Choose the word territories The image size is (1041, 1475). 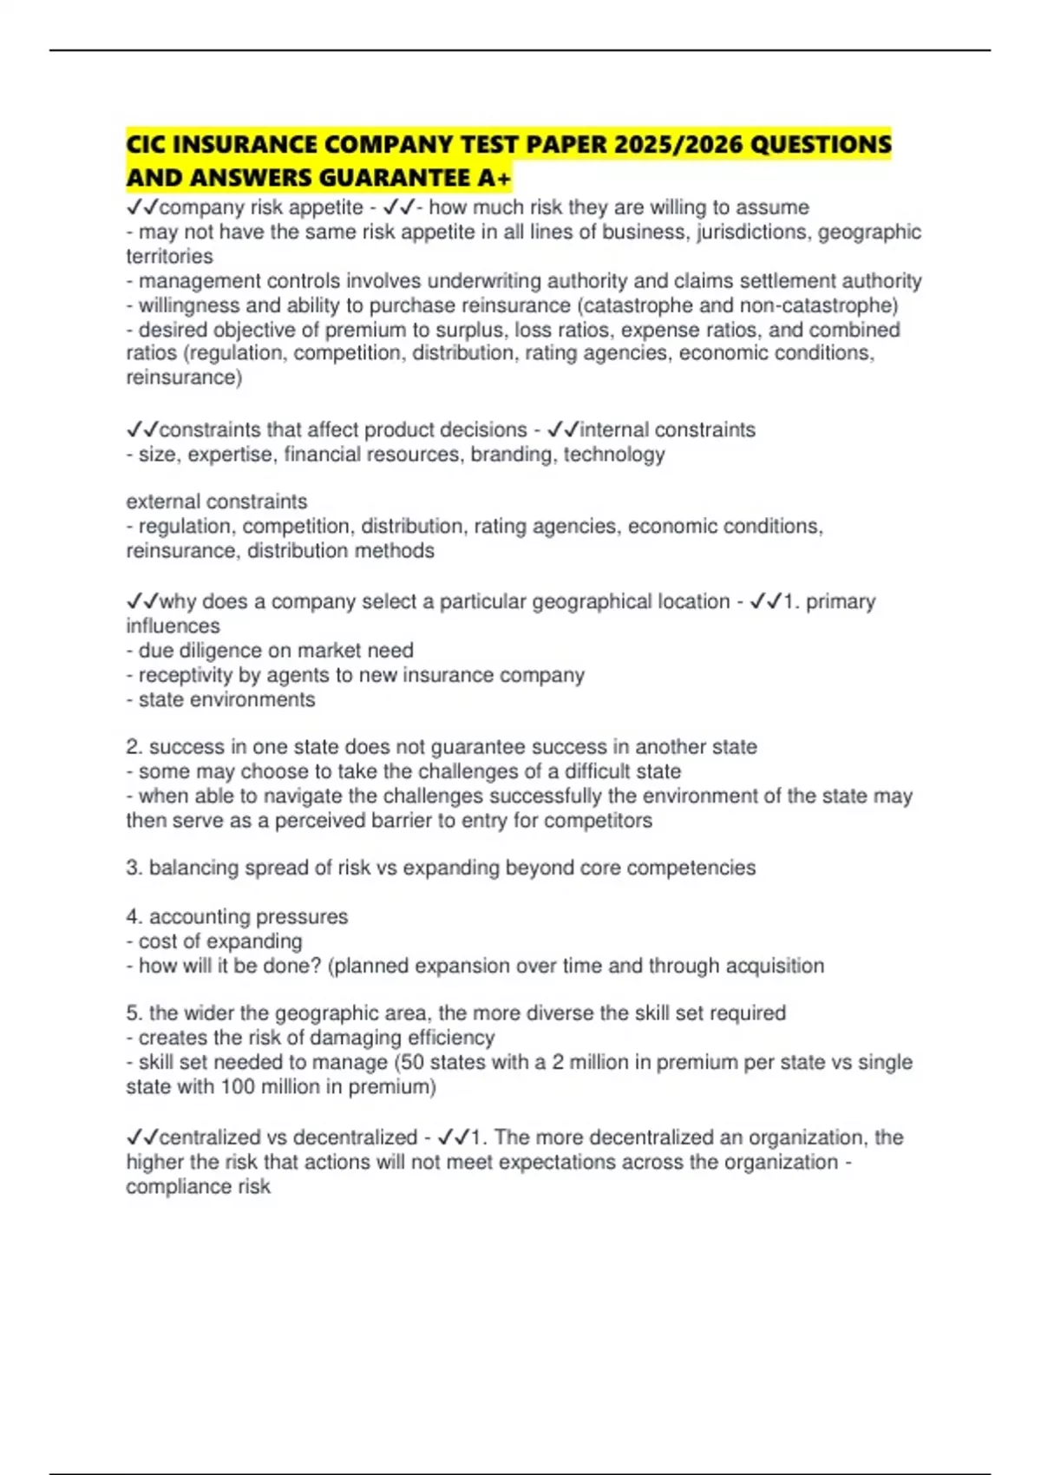tap(169, 256)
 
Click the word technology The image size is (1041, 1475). tap(614, 455)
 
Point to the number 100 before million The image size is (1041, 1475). tap(238, 1087)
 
